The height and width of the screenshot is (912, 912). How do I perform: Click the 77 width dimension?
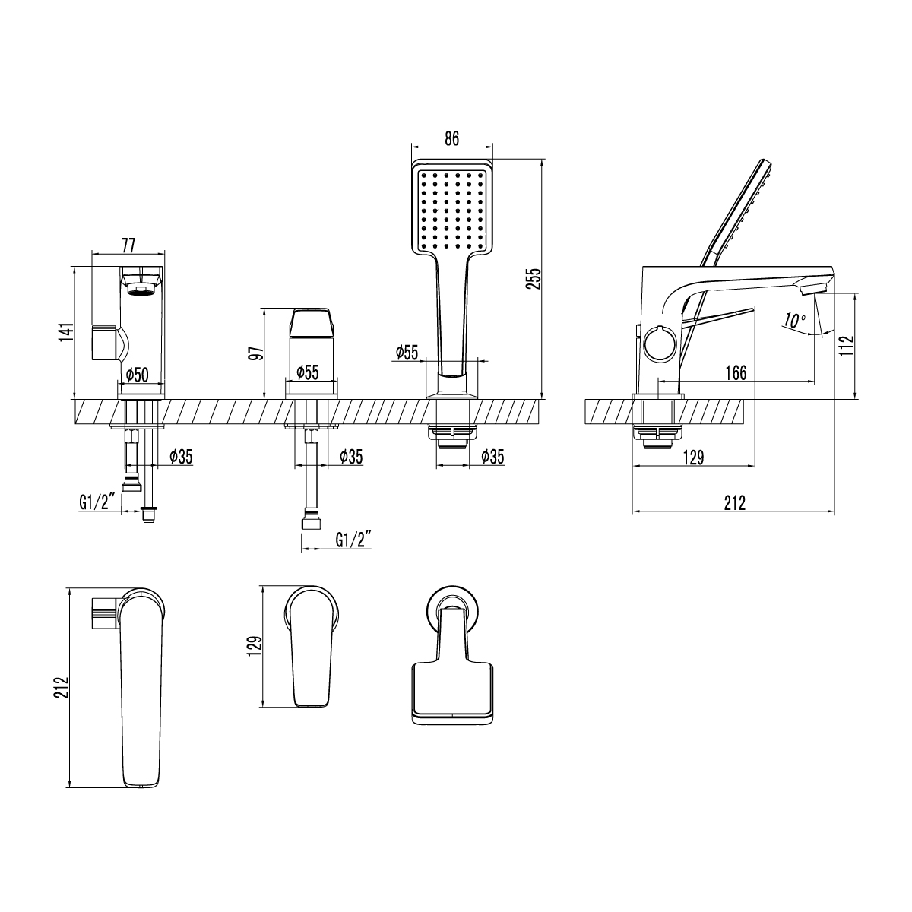point(128,245)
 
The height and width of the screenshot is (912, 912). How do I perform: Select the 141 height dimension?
point(66,332)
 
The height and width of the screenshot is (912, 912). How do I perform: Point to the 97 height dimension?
point(255,353)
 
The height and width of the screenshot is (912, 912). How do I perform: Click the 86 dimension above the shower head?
point(451,138)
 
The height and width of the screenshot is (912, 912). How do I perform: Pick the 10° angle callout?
point(793,320)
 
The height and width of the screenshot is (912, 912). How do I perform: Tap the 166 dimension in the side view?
point(736,372)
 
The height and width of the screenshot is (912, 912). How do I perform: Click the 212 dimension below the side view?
point(734,502)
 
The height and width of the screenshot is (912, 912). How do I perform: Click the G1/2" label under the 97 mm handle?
point(353,540)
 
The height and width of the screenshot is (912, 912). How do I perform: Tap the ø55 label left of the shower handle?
point(407,352)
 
